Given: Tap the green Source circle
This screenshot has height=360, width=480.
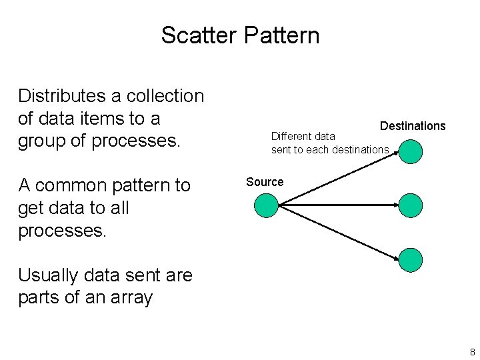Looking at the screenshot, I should point(267,205).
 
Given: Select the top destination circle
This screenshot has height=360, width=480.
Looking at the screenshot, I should point(411,151).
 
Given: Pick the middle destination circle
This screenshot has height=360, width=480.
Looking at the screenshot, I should point(411,205).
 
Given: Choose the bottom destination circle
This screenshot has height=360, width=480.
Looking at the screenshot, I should point(411,260).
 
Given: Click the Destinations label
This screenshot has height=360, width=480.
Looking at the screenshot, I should point(413,126).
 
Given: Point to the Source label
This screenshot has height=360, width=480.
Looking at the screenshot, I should point(265,182).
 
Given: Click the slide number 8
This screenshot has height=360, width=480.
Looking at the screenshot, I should point(472,351).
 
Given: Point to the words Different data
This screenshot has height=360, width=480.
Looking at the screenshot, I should point(303,137).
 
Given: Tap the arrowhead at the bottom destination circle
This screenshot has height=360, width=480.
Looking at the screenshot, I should point(397,257).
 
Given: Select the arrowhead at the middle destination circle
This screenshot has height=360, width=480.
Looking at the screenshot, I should point(395,205).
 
